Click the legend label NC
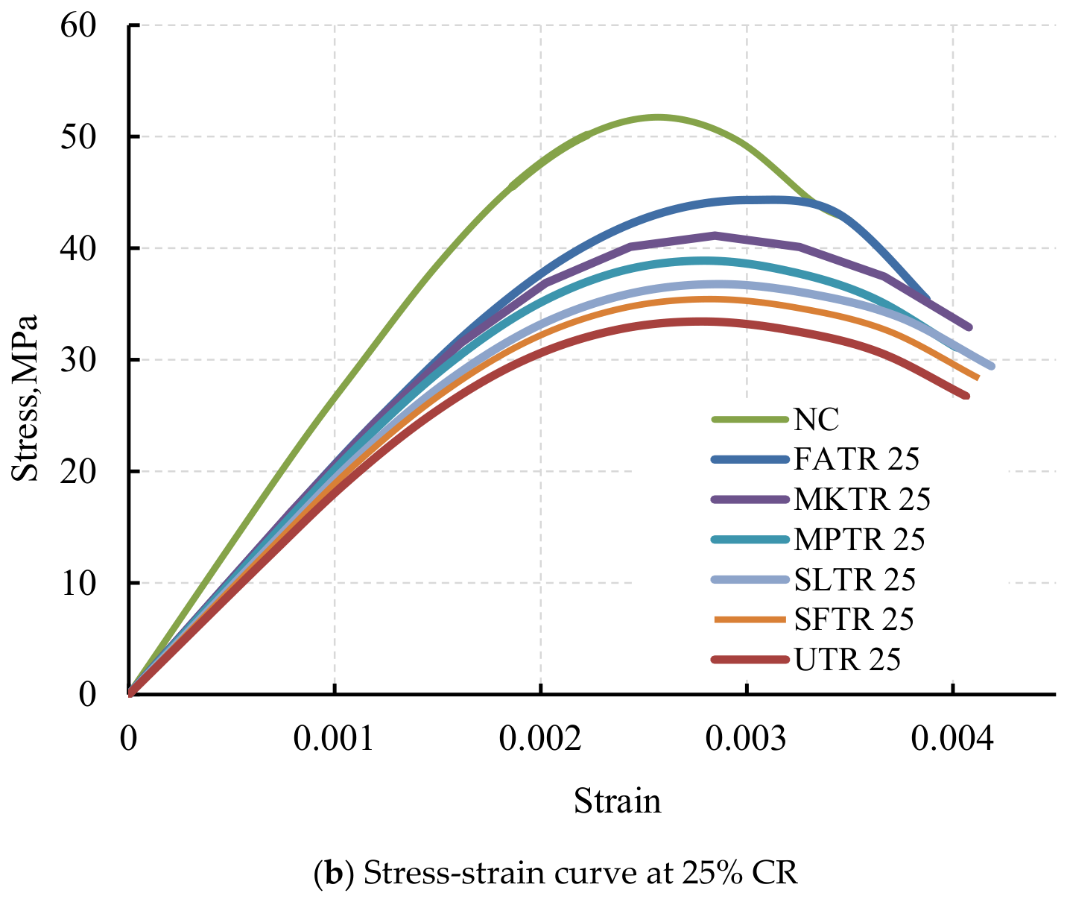tap(816, 419)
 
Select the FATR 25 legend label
tap(856, 459)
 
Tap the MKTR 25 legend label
tap(862, 499)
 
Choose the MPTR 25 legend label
tap(859, 539)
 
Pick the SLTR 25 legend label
tap(855, 579)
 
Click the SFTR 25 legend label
tap(854, 619)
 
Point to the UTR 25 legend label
tap(847, 659)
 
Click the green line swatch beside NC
tap(750, 419)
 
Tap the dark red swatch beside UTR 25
tap(750, 659)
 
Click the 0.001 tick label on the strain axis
tap(335, 738)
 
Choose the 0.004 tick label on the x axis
tap(952, 738)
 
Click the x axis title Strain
tap(617, 801)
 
